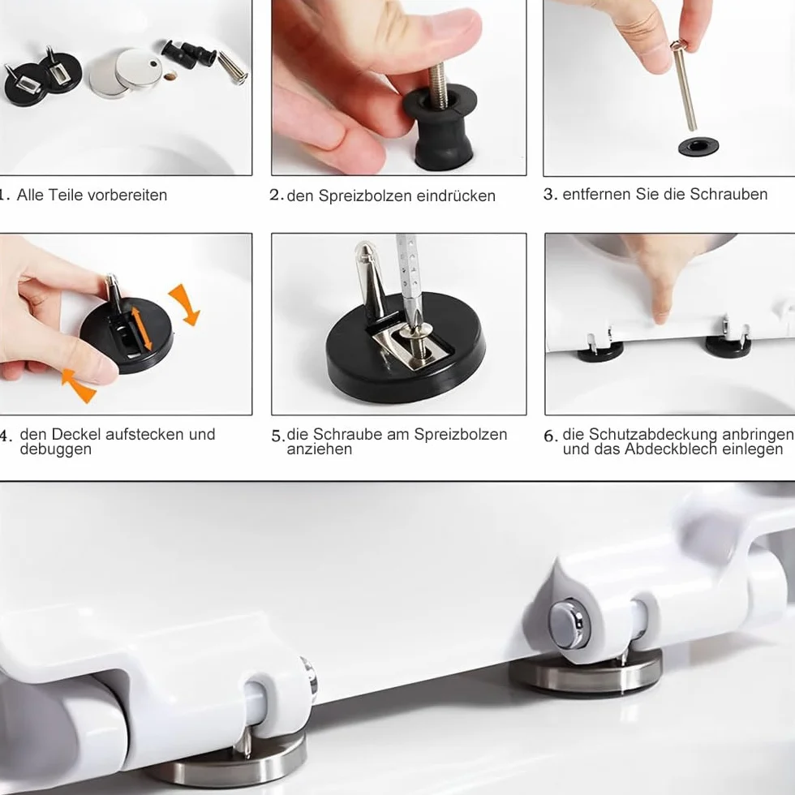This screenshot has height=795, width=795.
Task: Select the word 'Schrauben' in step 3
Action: pyautogui.click(x=728, y=194)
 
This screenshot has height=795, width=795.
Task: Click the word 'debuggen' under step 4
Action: pyautogui.click(x=56, y=449)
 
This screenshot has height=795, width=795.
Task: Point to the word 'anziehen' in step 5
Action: pyautogui.click(x=320, y=449)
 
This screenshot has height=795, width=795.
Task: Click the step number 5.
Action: pyautogui.click(x=277, y=436)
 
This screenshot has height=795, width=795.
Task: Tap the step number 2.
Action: pyautogui.click(x=276, y=196)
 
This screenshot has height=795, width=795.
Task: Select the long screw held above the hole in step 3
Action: pyautogui.click(x=685, y=86)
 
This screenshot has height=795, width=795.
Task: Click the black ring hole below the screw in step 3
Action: pyautogui.click(x=698, y=148)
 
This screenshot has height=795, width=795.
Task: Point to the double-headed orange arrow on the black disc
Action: pyautogui.click(x=141, y=329)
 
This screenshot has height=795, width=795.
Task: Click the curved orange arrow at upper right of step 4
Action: pyautogui.click(x=186, y=304)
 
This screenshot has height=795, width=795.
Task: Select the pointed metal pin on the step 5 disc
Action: pyautogui.click(x=371, y=280)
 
